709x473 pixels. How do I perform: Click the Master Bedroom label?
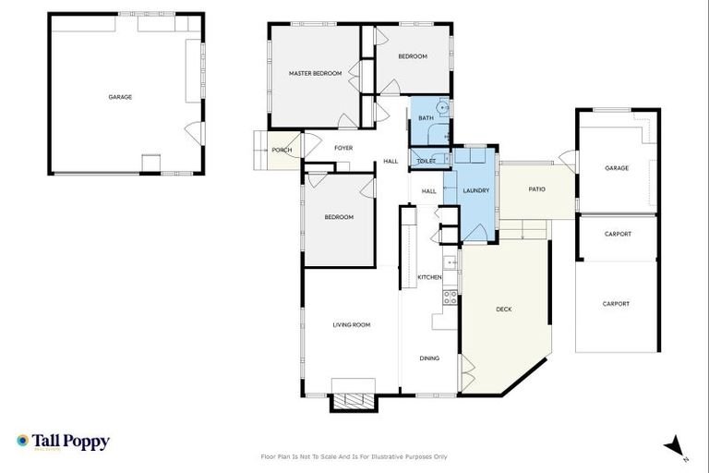pyautogui.click(x=315, y=73)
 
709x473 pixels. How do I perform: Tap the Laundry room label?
pyautogui.click(x=475, y=191)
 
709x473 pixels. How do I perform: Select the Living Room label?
pyautogui.click(x=351, y=324)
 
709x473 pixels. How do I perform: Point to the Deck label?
pyautogui.click(x=503, y=309)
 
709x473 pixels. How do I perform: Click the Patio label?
pyautogui.click(x=536, y=189)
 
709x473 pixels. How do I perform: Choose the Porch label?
pyautogui.click(x=282, y=150)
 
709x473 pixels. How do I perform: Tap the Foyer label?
pyautogui.click(x=343, y=148)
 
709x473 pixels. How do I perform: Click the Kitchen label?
pyautogui.click(x=429, y=277)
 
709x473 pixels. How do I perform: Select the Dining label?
pyautogui.click(x=429, y=358)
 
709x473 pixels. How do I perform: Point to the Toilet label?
pyautogui.click(x=426, y=161)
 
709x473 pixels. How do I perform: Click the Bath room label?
pyautogui.click(x=426, y=118)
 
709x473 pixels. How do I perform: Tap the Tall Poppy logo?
pyautogui.click(x=63, y=442)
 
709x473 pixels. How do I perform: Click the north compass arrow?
pyautogui.click(x=675, y=445)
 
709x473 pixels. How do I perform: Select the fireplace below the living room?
pyautogui.click(x=354, y=401)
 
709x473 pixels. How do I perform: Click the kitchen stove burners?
pyautogui.click(x=451, y=297)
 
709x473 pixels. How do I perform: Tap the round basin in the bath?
pyautogui.click(x=444, y=108)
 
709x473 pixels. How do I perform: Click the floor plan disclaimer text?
pyautogui.click(x=354, y=456)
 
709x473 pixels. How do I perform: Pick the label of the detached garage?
pyautogui.click(x=120, y=97)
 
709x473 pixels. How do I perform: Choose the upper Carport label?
pyautogui.click(x=618, y=234)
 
